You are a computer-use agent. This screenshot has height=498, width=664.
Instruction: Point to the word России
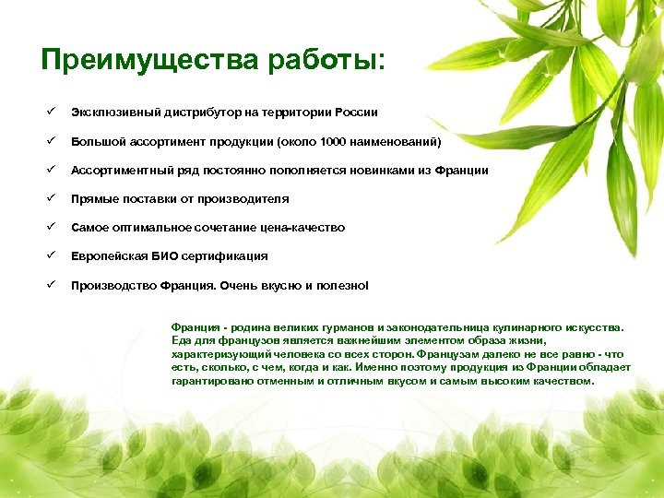tap(353, 113)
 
